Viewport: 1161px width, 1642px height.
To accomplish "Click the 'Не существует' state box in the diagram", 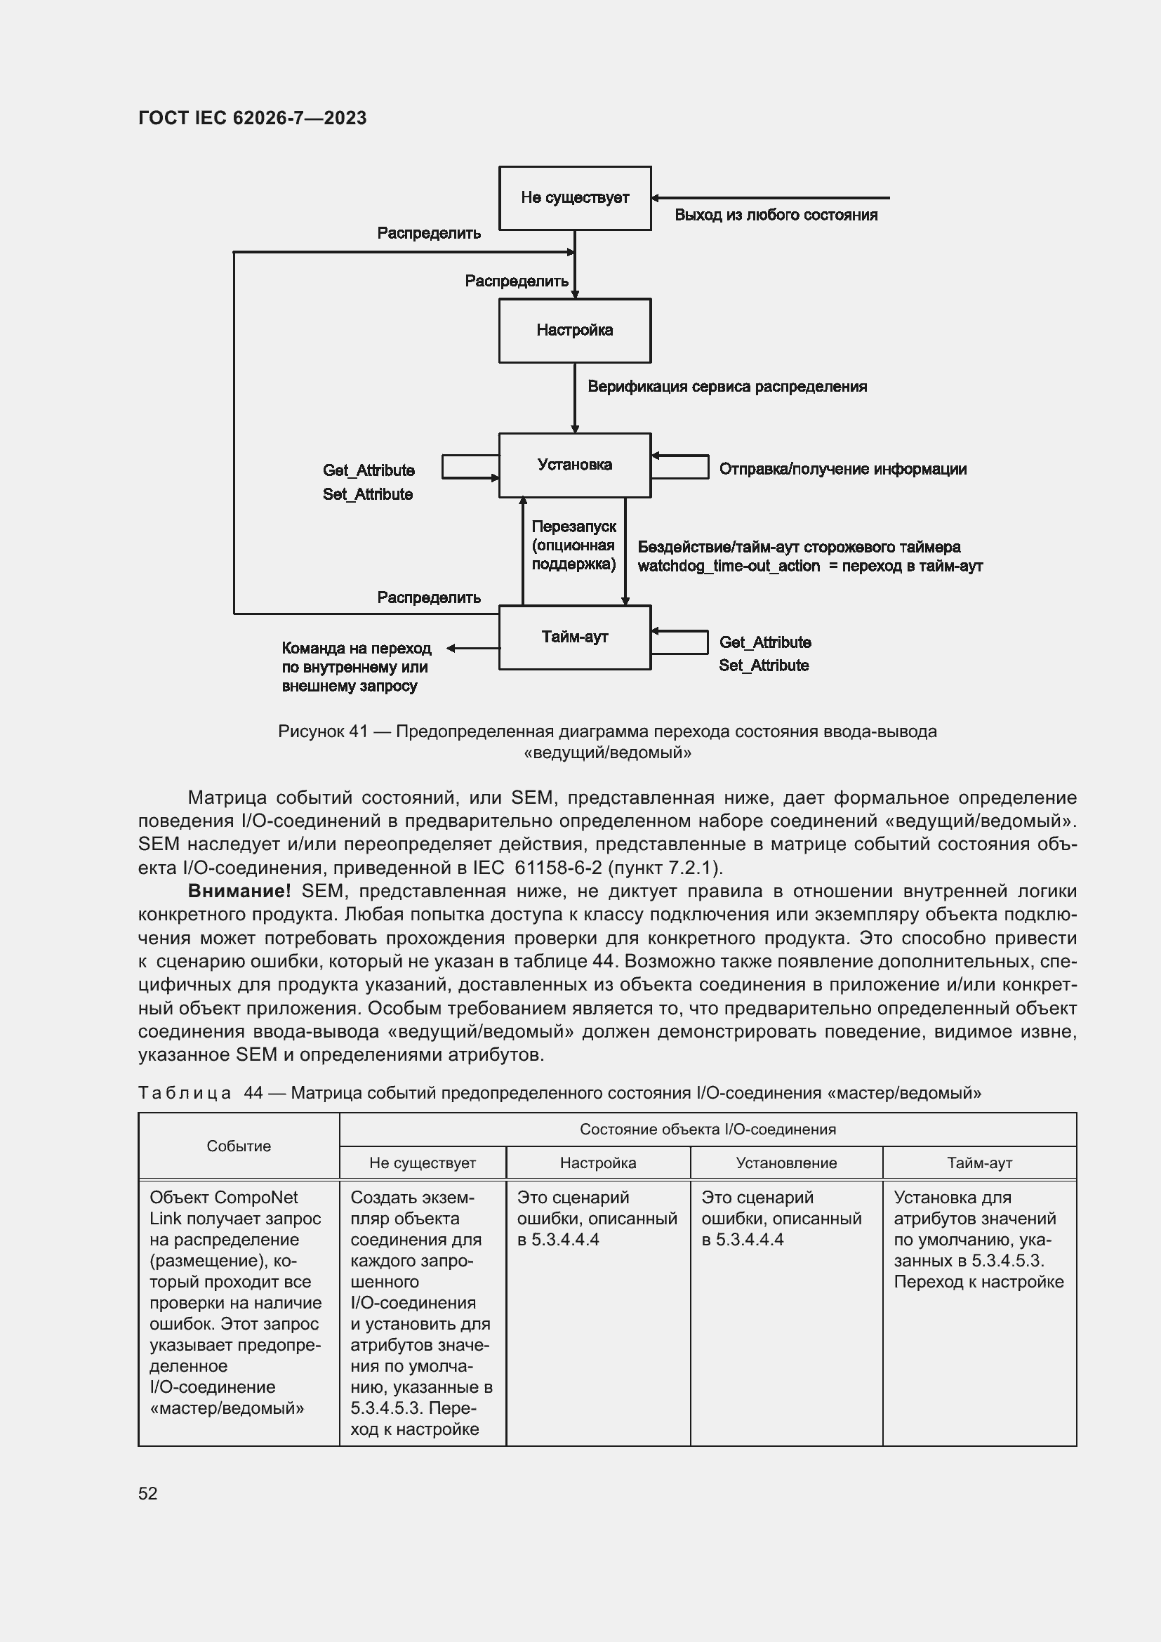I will tap(575, 198).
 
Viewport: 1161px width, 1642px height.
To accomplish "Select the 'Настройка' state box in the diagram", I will tap(575, 331).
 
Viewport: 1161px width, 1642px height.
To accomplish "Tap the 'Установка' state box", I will tap(575, 465).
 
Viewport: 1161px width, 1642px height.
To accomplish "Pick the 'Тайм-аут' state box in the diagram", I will tap(575, 637).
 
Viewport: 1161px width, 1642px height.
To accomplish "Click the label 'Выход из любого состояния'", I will tap(776, 216).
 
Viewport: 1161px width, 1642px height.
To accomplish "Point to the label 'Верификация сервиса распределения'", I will tap(727, 387).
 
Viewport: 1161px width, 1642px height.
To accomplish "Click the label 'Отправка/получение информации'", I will tap(842, 469).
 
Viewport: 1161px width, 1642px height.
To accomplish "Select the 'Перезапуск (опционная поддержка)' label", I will tap(573, 545).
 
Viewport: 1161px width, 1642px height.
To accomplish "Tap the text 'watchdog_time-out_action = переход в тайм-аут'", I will tap(809, 566).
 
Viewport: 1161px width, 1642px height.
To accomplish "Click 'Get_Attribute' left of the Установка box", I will tap(369, 470).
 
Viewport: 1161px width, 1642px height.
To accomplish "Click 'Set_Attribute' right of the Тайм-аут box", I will tap(764, 665).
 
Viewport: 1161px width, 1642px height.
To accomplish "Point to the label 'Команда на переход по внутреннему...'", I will tap(356, 666).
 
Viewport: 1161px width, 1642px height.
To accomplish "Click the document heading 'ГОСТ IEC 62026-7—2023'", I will tap(253, 118).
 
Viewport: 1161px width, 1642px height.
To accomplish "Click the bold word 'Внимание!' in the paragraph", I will tap(239, 891).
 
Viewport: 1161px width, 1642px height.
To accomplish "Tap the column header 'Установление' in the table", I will tap(785, 1163).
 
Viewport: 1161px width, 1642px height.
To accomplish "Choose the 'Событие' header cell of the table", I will tap(239, 1146).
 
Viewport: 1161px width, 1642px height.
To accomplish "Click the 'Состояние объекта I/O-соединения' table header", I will tap(707, 1130).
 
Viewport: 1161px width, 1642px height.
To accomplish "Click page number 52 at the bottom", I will tap(148, 1493).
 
